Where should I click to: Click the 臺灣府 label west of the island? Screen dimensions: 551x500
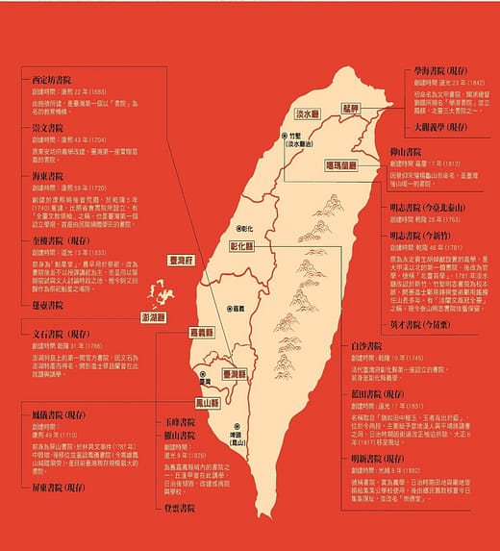click(182, 260)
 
